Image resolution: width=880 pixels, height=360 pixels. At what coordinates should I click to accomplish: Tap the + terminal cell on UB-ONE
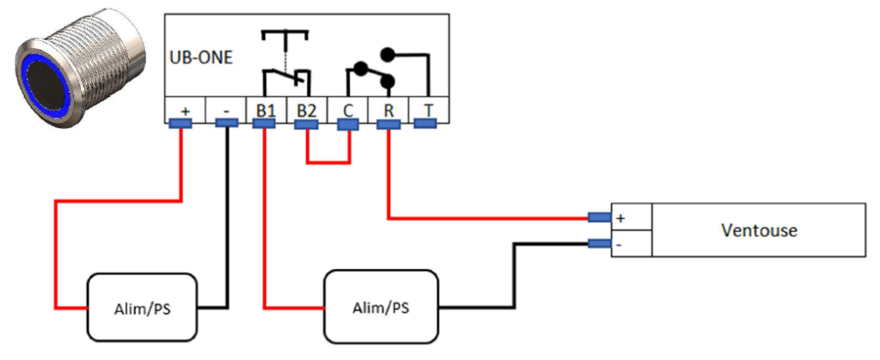click(185, 109)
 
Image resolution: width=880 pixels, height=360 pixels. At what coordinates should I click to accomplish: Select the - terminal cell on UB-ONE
click(225, 109)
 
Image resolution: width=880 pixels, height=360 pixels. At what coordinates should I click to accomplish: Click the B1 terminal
click(266, 109)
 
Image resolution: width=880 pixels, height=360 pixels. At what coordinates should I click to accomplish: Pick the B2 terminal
click(307, 109)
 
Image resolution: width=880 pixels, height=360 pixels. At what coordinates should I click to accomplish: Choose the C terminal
click(347, 109)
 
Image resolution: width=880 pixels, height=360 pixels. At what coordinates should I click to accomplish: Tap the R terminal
click(388, 109)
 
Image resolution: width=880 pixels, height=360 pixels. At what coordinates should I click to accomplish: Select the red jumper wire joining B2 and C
click(327, 161)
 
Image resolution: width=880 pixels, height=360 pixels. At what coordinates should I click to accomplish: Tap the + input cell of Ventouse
click(632, 218)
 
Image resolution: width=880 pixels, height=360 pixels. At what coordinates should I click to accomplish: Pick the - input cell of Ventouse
click(632, 244)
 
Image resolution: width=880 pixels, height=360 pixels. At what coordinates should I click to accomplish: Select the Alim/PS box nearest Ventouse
click(381, 307)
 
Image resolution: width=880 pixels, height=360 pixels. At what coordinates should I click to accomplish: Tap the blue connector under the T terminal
click(426, 124)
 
